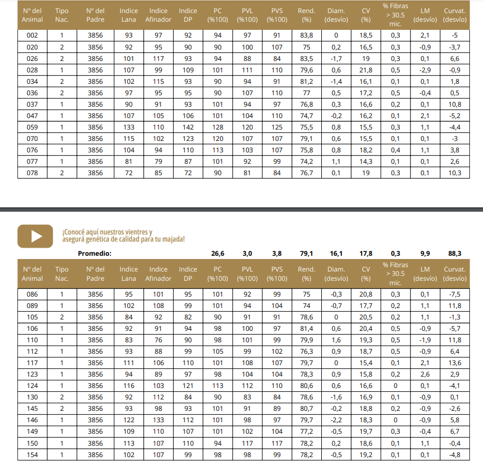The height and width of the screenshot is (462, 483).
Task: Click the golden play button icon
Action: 35,236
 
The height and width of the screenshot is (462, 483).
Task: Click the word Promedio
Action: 94,253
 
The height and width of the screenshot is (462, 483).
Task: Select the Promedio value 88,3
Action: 455,253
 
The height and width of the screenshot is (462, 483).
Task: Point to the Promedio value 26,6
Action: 217,253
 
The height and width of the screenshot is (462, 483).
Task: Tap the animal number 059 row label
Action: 32,127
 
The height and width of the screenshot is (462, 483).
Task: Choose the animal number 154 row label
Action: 32,454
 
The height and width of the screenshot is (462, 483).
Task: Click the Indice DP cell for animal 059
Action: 188,127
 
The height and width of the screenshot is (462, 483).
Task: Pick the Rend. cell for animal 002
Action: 307,36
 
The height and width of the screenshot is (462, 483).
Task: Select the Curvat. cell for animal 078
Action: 455,173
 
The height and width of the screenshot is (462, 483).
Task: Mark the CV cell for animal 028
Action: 366,70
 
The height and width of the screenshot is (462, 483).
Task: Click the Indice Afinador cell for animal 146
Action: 158,420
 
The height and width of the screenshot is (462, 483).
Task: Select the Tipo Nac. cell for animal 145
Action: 62,409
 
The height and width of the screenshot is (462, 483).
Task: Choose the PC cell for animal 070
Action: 217,139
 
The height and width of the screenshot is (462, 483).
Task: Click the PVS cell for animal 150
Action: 277,443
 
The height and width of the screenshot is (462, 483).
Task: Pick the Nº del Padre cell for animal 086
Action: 95,294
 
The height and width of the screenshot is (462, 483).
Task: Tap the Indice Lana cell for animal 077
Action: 129,162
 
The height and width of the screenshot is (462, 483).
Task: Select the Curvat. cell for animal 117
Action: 455,363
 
